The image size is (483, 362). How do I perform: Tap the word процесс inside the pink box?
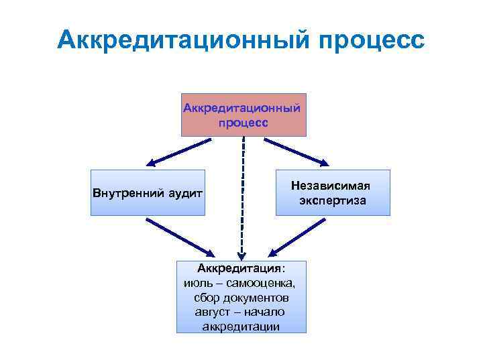pyautogui.click(x=243, y=123)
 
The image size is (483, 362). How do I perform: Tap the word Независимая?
pyautogui.click(x=333, y=185)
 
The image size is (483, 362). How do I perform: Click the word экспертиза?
pyautogui.click(x=333, y=200)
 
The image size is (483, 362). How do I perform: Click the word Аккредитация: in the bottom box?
pyautogui.click(x=241, y=269)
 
